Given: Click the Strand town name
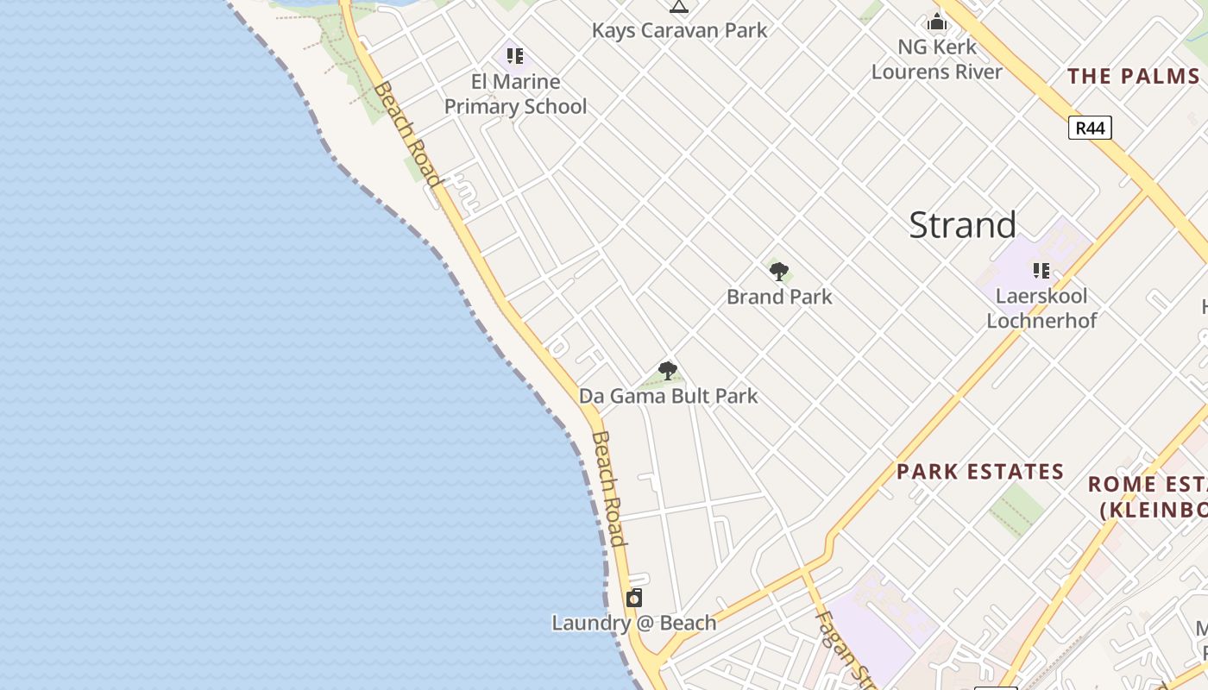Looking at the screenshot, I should [962, 225].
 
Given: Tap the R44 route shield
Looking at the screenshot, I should [1090, 128].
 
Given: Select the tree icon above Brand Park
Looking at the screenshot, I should [779, 273].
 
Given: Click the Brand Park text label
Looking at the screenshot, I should [779, 297].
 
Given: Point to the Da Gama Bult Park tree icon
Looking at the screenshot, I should [667, 372].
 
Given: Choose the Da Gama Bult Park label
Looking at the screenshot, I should [668, 396].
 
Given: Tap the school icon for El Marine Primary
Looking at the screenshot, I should [515, 57].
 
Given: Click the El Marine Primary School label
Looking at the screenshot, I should [515, 94].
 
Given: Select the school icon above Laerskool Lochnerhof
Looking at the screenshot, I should [1041, 271].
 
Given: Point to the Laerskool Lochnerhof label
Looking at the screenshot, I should [1041, 308].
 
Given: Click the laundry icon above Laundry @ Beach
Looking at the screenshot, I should [634, 598].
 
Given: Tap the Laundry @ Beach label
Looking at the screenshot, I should [634, 623].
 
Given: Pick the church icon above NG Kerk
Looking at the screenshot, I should [937, 22].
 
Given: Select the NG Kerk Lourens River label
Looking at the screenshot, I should [937, 59].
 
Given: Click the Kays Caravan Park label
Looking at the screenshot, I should [679, 30].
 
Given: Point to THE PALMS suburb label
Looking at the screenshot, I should [1133, 76].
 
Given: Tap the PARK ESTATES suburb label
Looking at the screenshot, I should [980, 472].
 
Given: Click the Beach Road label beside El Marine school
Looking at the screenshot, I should [407, 134].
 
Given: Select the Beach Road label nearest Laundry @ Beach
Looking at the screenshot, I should [607, 488].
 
